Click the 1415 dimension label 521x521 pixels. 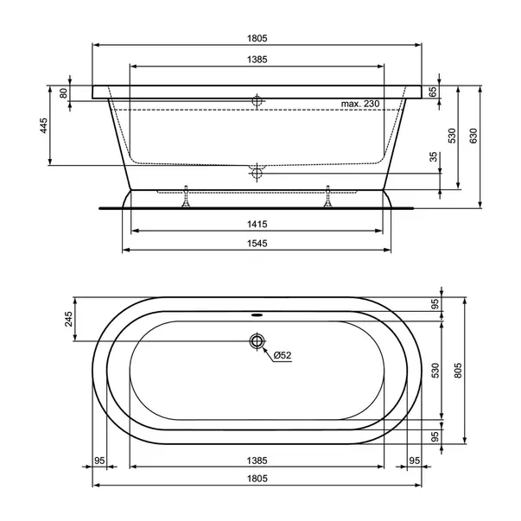click(257, 225)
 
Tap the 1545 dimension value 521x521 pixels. click(257, 244)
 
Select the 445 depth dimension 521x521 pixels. click(44, 125)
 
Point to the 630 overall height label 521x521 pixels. click(473, 136)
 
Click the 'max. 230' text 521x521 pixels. click(360, 104)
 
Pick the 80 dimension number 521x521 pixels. click(63, 93)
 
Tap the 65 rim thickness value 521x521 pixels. click(433, 92)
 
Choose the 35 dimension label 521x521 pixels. click(434, 157)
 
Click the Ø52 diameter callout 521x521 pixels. click(283, 355)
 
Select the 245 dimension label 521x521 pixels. click(68, 319)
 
